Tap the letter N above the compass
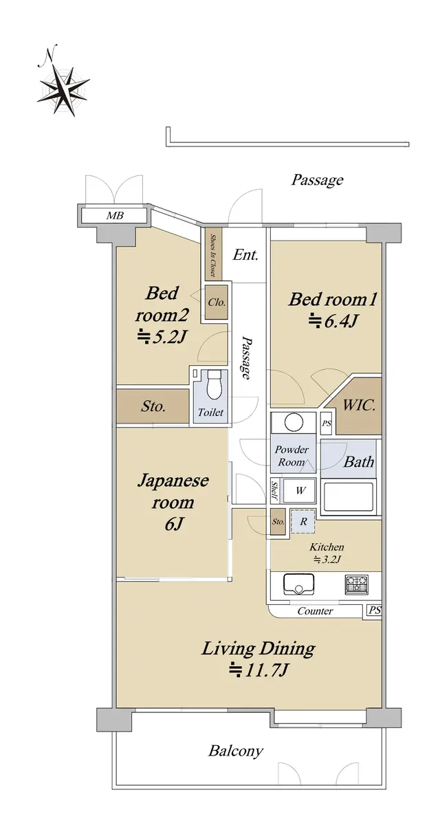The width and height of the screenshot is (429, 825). [x=47, y=55]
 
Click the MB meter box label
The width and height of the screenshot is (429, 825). [x=115, y=215]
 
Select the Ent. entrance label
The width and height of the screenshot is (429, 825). [x=245, y=255]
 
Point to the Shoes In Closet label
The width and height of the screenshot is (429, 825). [x=213, y=255]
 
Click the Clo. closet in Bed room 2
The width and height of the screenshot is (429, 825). [x=216, y=302]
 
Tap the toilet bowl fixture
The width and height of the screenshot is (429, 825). [x=214, y=385]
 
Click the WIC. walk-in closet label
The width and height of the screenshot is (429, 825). [x=360, y=406]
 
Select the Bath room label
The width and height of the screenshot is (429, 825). [x=359, y=461]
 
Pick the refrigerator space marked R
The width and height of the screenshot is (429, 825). [x=303, y=522]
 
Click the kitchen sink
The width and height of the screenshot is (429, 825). [x=298, y=584]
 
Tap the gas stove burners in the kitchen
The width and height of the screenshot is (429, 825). [x=356, y=584]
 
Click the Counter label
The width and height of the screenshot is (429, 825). [x=315, y=611]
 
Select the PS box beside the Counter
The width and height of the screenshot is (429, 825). [x=374, y=610]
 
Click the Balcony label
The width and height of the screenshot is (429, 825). [x=236, y=751]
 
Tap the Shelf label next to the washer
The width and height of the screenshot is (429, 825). [x=275, y=491]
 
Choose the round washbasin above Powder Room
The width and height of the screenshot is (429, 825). [x=294, y=422]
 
